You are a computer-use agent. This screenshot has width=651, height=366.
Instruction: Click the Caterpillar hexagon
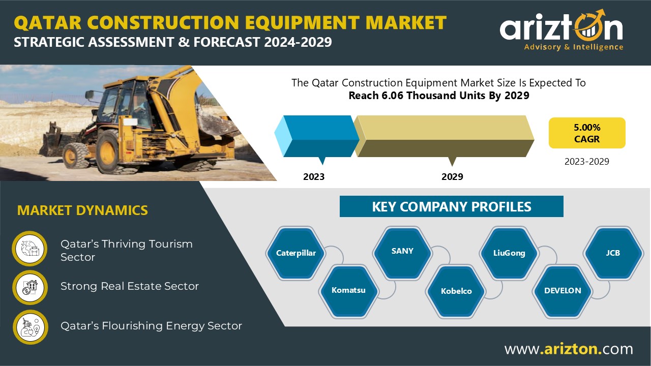coord(296,253)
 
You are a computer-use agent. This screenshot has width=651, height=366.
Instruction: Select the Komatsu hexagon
coord(348,291)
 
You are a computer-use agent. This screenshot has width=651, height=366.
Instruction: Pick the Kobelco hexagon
coord(456,291)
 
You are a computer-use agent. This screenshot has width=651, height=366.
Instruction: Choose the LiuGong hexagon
coord(509,253)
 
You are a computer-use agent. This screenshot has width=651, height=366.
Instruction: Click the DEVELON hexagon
coord(563,291)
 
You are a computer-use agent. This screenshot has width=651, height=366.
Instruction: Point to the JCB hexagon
coord(613,253)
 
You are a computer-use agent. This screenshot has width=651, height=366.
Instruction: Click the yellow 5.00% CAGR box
coord(587,133)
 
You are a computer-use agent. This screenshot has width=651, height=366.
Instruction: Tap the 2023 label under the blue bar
coord(314,176)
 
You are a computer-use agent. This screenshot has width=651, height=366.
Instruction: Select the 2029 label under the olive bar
coord(452,176)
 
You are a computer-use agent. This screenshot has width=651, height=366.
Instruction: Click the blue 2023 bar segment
coord(317,136)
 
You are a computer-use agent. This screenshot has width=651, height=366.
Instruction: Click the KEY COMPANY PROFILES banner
coord(451,206)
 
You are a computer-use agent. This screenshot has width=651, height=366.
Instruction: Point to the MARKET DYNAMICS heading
coord(82,210)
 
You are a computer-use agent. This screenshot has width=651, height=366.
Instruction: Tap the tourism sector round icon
coord(29,249)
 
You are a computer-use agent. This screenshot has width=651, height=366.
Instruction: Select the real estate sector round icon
coord(30,288)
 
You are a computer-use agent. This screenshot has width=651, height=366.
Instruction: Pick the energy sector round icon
coord(30,327)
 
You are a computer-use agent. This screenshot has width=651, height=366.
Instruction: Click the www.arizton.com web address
coord(569,349)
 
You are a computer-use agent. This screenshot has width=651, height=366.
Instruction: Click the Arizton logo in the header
coord(561,30)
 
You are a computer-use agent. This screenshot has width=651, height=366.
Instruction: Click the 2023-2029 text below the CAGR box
coord(587,162)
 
